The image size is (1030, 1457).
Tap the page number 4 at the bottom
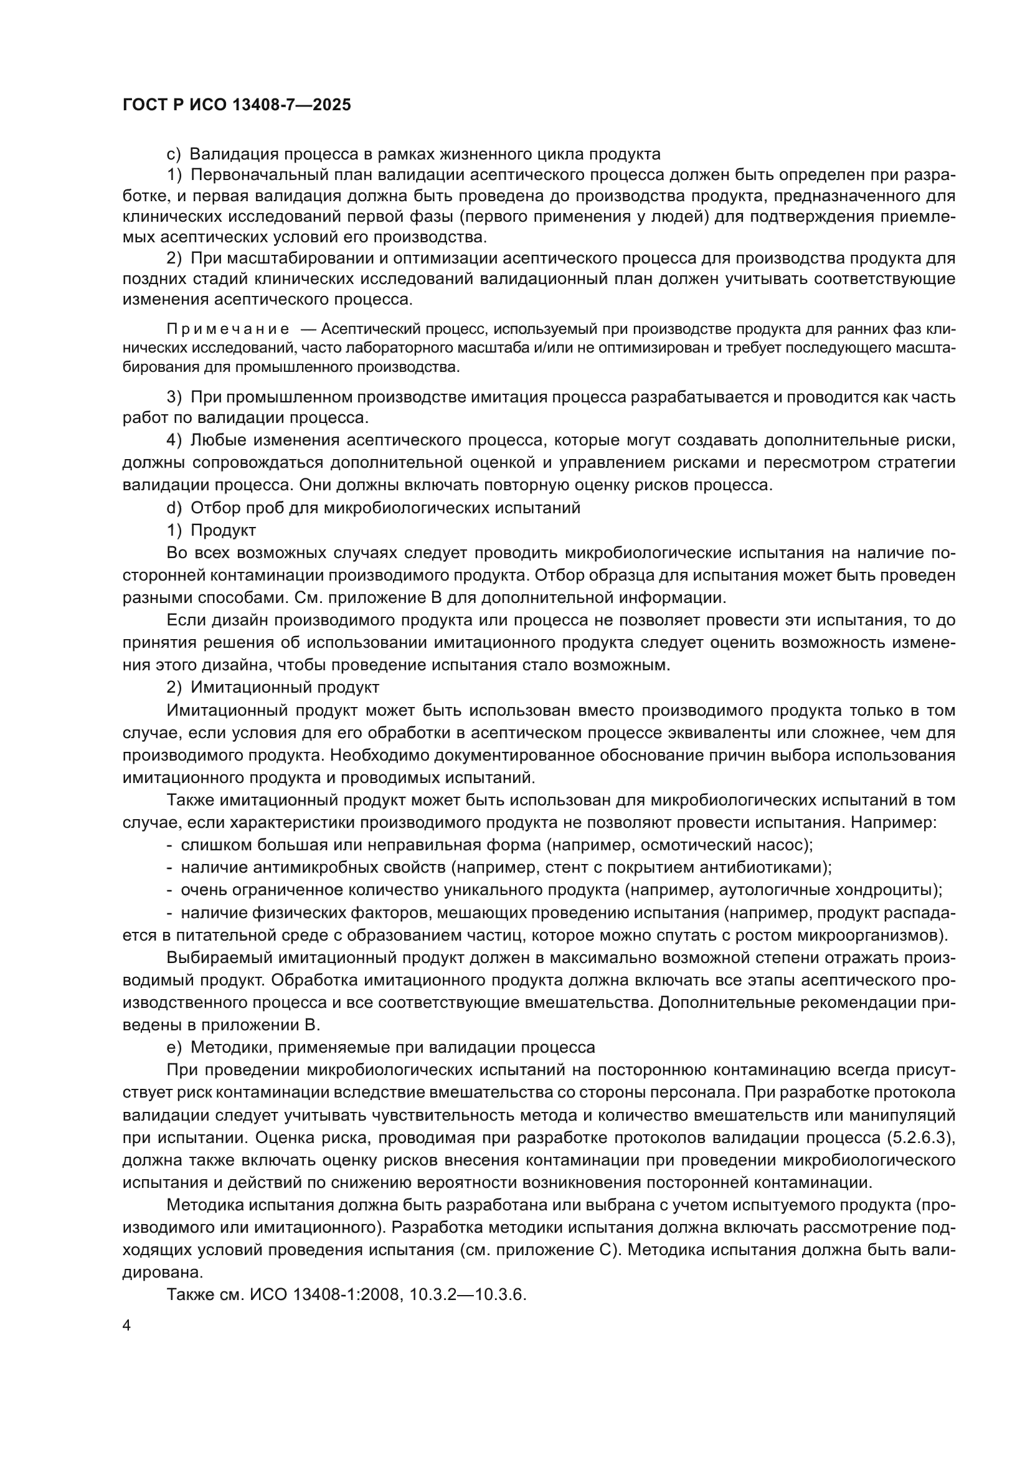[127, 1326]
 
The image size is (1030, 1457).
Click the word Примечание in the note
[228, 330]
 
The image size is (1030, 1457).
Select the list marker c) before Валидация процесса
[173, 154]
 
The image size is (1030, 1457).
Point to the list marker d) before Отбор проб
[173, 508]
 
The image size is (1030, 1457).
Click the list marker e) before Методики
[173, 1046]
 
